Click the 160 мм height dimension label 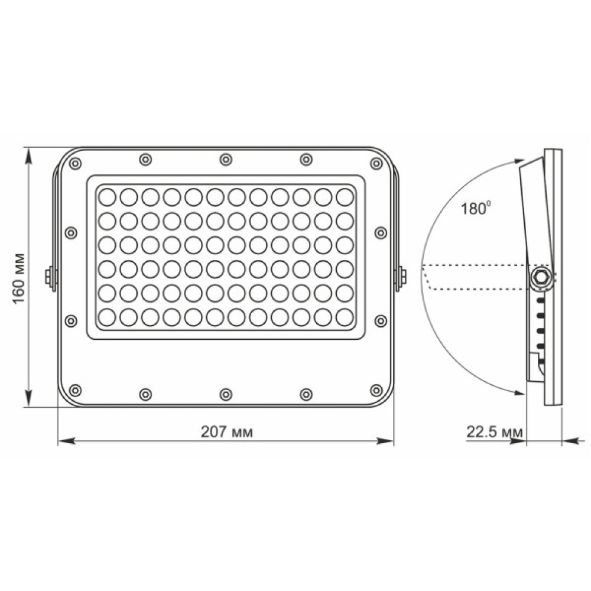19,278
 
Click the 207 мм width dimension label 226,432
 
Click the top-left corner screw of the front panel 76,163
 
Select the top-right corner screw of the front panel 376,163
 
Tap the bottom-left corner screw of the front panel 76,389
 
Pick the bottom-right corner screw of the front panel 376,389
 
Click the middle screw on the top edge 226,160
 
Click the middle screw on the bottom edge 226,394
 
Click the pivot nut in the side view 540,277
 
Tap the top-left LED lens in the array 107,196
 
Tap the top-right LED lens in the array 344,196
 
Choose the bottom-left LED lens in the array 107,317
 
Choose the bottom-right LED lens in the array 344,317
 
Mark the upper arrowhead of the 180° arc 519,161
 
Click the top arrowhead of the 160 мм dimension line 28,151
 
